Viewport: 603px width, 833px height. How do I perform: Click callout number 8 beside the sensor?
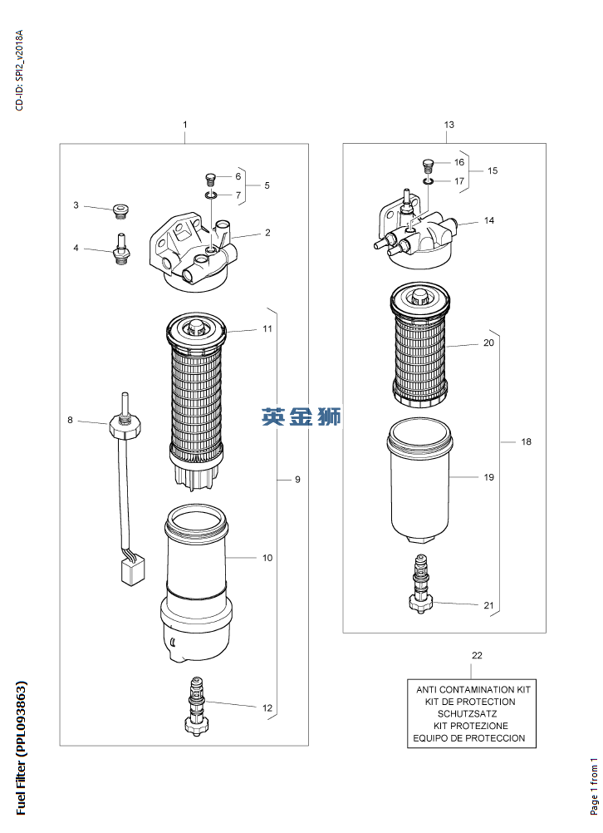coord(70,420)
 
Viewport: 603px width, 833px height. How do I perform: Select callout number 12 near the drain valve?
coord(267,707)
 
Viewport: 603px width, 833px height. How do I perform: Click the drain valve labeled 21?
coord(420,584)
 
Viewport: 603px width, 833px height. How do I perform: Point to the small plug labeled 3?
coord(121,211)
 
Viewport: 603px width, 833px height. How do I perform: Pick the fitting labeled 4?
coord(121,249)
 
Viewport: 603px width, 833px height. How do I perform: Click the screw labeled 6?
coord(211,178)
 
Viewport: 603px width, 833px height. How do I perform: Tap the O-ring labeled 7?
coord(211,196)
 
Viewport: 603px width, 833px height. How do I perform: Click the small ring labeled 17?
coord(429,182)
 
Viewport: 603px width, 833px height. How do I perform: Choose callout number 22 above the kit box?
coord(478,656)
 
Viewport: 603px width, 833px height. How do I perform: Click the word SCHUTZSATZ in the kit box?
coord(467,714)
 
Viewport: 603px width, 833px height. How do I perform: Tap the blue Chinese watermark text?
coord(301,417)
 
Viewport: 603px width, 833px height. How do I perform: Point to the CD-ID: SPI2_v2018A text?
coord(20,70)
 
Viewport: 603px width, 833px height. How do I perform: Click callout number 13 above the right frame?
coord(449,125)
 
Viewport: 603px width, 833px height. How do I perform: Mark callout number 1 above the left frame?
coord(185,125)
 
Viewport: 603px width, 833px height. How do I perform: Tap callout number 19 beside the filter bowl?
coord(489,477)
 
